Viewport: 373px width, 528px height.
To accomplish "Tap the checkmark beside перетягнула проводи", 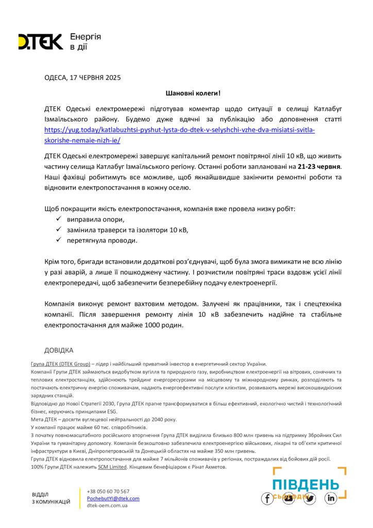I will [x=58, y=241].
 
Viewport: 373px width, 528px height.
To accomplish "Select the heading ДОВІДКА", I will [x=59, y=350].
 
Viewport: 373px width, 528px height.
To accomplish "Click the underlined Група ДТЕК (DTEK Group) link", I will [x=60, y=364].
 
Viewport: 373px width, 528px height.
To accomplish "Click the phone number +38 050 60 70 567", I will [x=108, y=491].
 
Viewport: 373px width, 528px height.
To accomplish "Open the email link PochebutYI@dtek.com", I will [x=113, y=498].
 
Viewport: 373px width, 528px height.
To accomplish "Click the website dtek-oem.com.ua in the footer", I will [x=108, y=505].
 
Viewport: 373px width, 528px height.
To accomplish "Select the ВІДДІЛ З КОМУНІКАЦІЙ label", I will [x=51, y=498].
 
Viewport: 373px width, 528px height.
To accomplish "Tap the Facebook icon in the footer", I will [x=267, y=499].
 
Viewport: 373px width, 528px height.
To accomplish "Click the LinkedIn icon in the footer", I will [x=330, y=499].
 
